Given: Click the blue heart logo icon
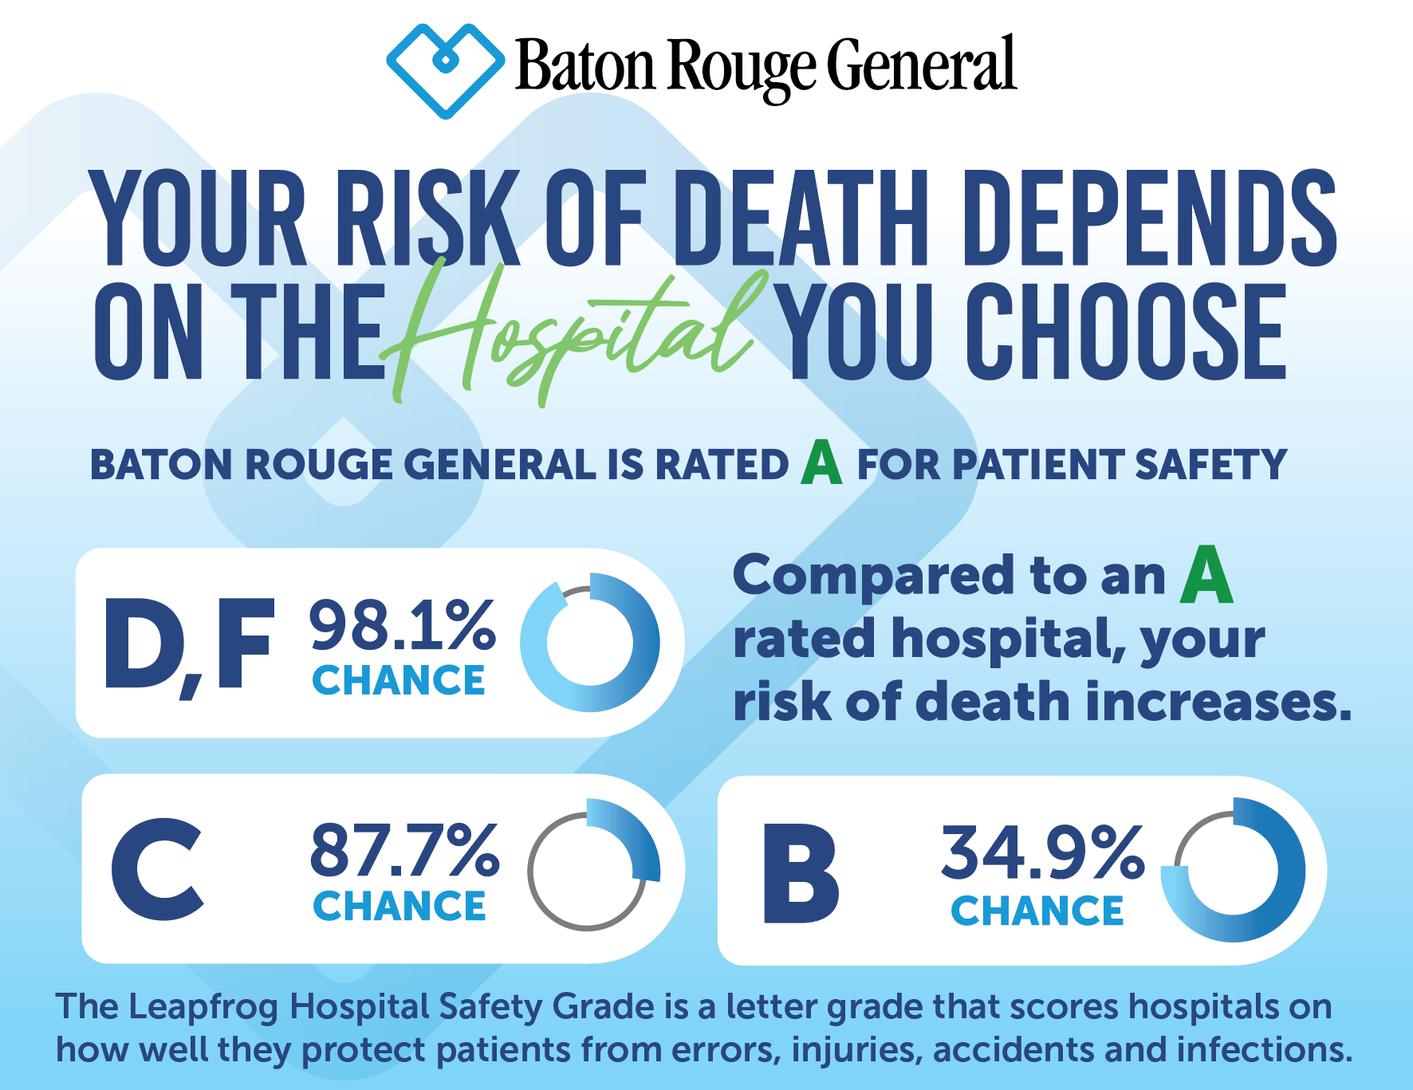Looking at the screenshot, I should point(445,70).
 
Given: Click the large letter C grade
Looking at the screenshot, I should point(157,869).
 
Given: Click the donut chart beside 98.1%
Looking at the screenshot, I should point(589,642).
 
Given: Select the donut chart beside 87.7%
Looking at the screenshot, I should point(589,869).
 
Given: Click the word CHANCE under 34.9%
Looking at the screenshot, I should point(1037,911).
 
